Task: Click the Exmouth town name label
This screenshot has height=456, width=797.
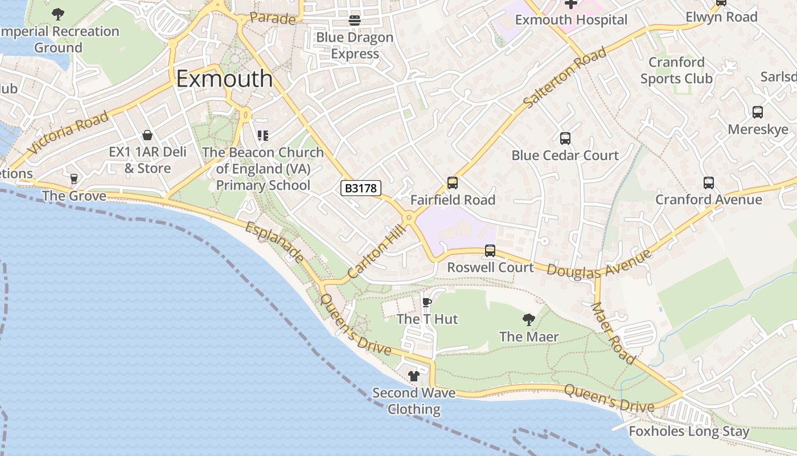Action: click(x=224, y=79)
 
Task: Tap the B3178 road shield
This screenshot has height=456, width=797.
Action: click(x=360, y=188)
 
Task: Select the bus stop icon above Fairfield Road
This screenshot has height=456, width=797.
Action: click(x=453, y=183)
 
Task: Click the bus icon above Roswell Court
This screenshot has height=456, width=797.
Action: click(x=490, y=251)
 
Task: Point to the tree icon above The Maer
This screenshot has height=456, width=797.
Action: click(x=528, y=320)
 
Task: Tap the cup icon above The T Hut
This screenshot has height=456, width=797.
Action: click(x=427, y=302)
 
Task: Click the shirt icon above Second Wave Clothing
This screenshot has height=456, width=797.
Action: click(x=414, y=376)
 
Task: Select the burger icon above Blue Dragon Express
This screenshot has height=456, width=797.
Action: click(x=355, y=21)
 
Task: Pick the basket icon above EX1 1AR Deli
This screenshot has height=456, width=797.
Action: click(x=147, y=135)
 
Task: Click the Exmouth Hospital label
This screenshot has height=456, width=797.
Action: click(x=571, y=20)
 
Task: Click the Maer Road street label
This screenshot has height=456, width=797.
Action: click(x=613, y=333)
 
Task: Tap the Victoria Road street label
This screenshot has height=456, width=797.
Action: click(x=68, y=133)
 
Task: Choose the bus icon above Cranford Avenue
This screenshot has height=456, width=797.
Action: click(x=708, y=183)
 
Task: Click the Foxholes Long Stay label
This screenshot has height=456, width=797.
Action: click(x=689, y=431)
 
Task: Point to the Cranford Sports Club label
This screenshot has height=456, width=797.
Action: click(x=676, y=70)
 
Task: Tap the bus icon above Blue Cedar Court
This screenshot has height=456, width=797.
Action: click(x=565, y=139)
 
